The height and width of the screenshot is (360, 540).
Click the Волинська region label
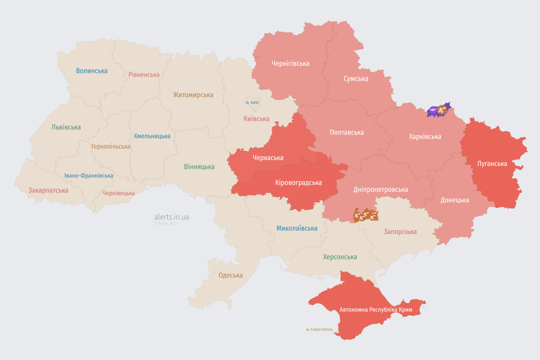pos(91,71)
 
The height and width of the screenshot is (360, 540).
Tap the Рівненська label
pos(144,75)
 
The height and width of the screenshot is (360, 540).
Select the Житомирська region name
pos(193,95)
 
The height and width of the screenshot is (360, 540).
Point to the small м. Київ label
pos(252,102)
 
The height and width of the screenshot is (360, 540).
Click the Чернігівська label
pos(290,63)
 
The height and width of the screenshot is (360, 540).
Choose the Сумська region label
pos(356,78)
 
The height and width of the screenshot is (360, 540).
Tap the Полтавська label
pos(346,132)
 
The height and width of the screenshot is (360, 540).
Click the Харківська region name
pos(425,136)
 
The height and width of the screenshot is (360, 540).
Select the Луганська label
pos(492,164)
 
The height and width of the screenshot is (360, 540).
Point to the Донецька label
pos(454,200)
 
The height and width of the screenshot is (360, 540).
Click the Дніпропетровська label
pos(380,189)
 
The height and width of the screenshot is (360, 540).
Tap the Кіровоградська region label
pos(298,182)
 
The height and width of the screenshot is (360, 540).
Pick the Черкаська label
pos(268,157)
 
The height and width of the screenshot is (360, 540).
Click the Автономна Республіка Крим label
pos(375,310)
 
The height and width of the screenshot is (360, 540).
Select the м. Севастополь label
pos(319,329)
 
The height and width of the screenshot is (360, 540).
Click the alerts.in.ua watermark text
pos(172,217)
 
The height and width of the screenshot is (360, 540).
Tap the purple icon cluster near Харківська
pos(438,111)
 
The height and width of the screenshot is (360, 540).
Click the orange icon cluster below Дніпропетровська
pos(366,215)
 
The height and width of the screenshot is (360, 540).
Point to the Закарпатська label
pos(48,190)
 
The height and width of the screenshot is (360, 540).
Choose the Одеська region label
pos(231,275)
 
